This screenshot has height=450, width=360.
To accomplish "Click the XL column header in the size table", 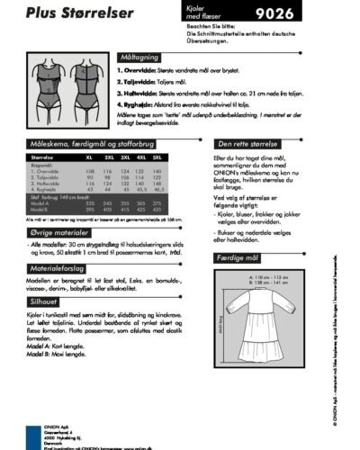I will (89, 157).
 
